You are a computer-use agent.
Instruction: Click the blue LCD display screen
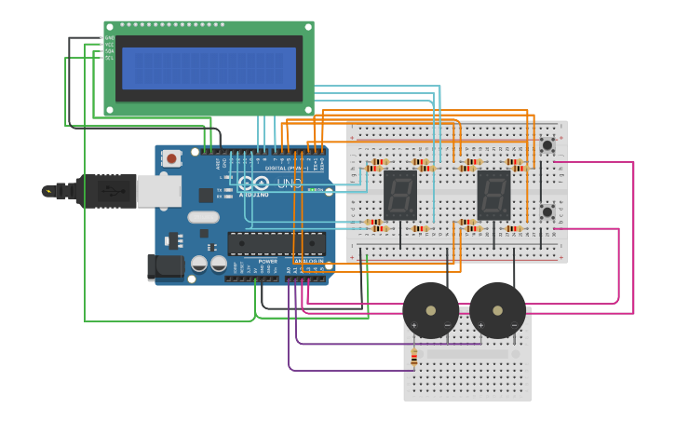209,68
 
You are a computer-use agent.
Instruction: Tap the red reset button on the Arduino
171,158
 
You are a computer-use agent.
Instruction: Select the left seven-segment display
399,195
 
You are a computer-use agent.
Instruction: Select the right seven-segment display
493,195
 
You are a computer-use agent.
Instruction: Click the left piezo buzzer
430,310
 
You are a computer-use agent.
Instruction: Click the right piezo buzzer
497,310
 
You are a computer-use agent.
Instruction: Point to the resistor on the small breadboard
414,357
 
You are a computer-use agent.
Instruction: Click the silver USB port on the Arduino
158,190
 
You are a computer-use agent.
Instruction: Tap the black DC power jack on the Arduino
166,267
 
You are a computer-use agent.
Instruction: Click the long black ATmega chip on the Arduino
277,244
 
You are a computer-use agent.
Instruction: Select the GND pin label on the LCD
109,38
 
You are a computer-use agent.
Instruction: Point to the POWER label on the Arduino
267,262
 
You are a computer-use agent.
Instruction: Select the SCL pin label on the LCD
109,58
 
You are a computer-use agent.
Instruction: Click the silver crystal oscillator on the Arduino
203,217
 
